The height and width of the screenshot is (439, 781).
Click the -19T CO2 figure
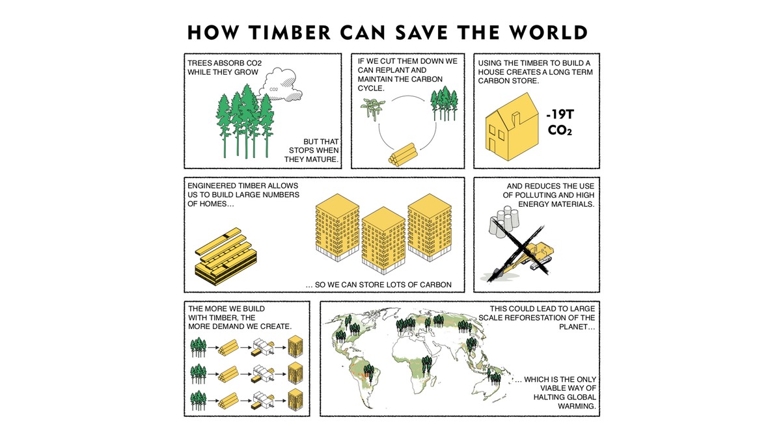[561, 123]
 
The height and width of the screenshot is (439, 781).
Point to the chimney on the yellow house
[517, 118]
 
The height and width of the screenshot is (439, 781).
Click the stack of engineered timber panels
[221, 258]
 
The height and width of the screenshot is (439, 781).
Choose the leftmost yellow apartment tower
[337, 232]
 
